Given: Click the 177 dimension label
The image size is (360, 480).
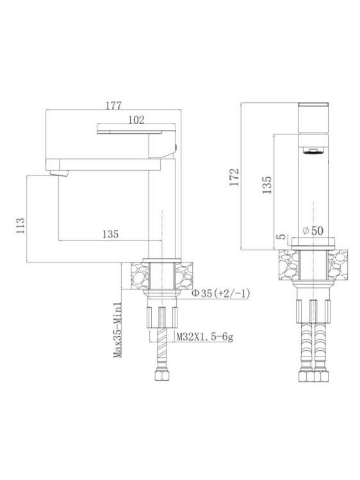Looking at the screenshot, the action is tap(113, 106).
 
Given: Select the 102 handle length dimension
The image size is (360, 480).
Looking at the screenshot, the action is tap(136, 120).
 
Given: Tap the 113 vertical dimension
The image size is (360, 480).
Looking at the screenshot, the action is tap(20, 226).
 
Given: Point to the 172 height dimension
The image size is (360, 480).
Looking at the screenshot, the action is tap(234, 177).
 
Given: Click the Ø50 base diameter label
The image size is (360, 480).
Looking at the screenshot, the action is tap(313, 230).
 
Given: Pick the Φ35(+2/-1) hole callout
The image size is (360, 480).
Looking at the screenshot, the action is tap(221, 293).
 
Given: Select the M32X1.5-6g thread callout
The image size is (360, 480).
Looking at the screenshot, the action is tap(204, 337).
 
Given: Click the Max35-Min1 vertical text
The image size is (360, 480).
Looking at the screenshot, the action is tap(118, 330).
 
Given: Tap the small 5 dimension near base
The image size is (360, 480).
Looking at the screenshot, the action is tap(282, 237).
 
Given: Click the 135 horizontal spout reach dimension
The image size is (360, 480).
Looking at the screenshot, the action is tap(110, 234).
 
